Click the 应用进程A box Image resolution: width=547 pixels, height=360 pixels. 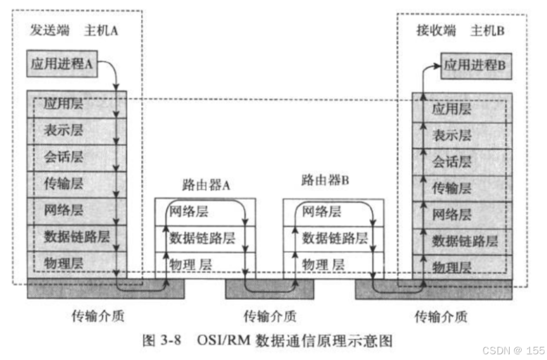click(x=62, y=63)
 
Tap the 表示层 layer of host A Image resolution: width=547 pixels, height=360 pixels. click(x=63, y=130)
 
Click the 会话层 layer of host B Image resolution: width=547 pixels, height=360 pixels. click(x=451, y=161)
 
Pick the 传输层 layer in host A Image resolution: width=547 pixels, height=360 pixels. click(x=63, y=184)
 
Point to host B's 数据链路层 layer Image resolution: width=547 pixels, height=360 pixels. click(x=465, y=240)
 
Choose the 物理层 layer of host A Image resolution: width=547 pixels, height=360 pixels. click(x=63, y=262)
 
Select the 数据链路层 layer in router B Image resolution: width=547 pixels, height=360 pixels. click(x=335, y=238)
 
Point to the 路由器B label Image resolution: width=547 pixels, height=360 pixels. click(x=325, y=180)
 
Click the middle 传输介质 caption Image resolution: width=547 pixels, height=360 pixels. click(x=270, y=315)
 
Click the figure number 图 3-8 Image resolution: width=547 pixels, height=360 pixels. click(x=163, y=340)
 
